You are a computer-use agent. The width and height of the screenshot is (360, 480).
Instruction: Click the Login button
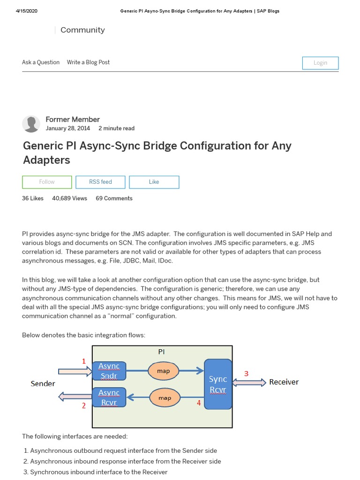tap(320, 63)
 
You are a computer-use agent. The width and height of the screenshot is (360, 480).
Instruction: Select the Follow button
tap(47, 182)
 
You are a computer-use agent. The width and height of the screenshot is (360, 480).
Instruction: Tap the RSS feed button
tap(100, 182)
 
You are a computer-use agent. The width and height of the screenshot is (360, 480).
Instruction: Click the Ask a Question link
tap(41, 62)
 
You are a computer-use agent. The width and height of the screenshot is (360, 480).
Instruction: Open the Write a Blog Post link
tap(88, 62)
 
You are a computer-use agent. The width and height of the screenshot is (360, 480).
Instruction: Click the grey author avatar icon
tap(31, 124)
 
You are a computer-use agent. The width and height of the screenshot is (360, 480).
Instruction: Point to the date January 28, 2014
tap(68, 128)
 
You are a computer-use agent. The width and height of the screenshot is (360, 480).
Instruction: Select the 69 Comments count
tap(114, 198)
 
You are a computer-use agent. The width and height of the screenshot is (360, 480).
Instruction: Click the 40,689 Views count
tap(69, 198)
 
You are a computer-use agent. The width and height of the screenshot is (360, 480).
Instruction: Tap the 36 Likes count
tap(33, 198)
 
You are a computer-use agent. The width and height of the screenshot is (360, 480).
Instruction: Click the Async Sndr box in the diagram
tap(109, 371)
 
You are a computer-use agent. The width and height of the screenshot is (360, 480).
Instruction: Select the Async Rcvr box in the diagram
tap(109, 397)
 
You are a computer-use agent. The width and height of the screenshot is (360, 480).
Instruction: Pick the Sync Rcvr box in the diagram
tap(218, 384)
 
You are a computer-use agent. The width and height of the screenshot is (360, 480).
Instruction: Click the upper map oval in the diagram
tap(164, 371)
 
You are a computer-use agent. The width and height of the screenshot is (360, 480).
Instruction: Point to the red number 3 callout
tap(246, 374)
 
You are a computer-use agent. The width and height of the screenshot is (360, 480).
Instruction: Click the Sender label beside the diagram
tap(43, 383)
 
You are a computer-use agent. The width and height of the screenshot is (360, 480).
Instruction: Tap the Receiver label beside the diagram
tap(284, 382)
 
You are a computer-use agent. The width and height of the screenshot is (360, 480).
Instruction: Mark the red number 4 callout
tap(199, 402)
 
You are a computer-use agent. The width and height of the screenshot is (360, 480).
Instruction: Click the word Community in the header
tap(82, 30)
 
